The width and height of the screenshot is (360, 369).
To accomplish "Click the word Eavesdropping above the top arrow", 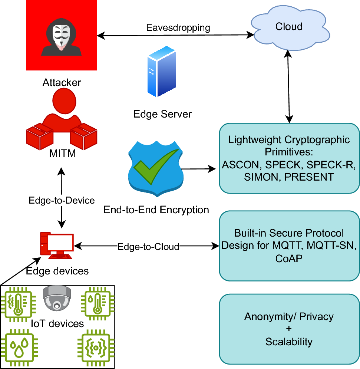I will (178, 27).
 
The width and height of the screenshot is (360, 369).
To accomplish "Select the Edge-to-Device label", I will (62, 200).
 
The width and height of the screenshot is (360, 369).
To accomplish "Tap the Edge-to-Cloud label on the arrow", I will (148, 246).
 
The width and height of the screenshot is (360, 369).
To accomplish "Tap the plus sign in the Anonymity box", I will (289, 329).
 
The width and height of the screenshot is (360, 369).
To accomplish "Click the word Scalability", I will (289, 341).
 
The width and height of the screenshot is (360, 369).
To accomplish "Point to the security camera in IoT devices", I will (56, 297).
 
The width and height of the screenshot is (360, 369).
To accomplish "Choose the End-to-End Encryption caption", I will (156, 210).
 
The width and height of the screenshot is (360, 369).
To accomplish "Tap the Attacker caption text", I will (62, 82).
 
